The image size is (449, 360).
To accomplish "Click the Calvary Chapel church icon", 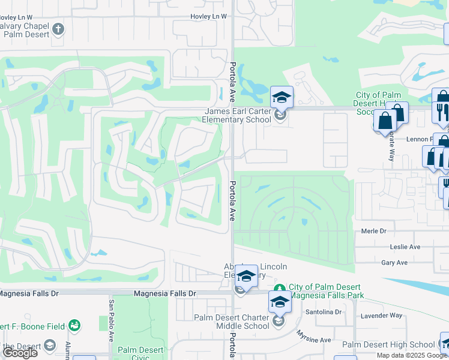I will pyautogui.click(x=58, y=29).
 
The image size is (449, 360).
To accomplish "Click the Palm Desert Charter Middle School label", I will pyautogui.click(x=231, y=322).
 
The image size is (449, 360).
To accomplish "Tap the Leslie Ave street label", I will pyautogui.click(x=405, y=247).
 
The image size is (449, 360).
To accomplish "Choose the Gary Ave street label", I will pyautogui.click(x=394, y=262).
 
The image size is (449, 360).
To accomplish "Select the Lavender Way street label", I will pyautogui.click(x=381, y=315).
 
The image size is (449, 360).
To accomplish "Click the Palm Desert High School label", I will pyautogui.click(x=388, y=344).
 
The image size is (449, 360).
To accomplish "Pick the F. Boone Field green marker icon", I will pyautogui.click(x=75, y=326).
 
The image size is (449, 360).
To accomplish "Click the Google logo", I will pyautogui.click(x=20, y=353).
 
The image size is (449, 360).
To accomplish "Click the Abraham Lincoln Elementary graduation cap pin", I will pyautogui.click(x=246, y=276).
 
